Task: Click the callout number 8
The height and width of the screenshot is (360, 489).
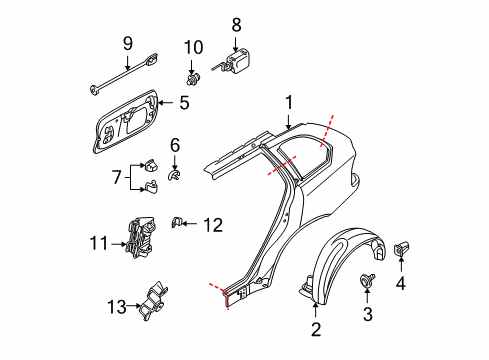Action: pyautogui.click(x=236, y=25)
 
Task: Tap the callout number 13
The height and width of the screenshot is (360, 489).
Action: pyautogui.click(x=117, y=307)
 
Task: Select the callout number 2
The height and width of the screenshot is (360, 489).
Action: pyautogui.click(x=316, y=329)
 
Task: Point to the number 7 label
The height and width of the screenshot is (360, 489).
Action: pyautogui.click(x=116, y=177)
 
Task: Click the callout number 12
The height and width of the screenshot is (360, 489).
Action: pyautogui.click(x=213, y=225)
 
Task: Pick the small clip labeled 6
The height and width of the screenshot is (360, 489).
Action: pyautogui.click(x=174, y=175)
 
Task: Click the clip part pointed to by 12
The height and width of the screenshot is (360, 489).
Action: pyautogui.click(x=176, y=222)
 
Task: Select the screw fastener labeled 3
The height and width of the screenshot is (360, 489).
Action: pyautogui.click(x=367, y=280)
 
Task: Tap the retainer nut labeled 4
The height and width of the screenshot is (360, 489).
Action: pyautogui.click(x=401, y=249)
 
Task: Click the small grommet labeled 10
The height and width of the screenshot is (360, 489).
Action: pyautogui.click(x=193, y=79)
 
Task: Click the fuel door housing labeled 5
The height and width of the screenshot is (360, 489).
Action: pyautogui.click(x=126, y=121)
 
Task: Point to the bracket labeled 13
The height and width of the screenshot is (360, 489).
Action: pyautogui.click(x=153, y=301)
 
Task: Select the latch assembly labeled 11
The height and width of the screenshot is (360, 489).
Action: pyautogui.click(x=141, y=237)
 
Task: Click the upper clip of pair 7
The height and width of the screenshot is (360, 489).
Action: pyautogui.click(x=151, y=165)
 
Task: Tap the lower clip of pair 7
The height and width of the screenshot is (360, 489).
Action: pyautogui.click(x=151, y=187)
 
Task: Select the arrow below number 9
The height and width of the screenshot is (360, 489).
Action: pyautogui.click(x=128, y=62)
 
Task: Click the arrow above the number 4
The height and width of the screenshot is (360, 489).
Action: pyautogui.click(x=401, y=263)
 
